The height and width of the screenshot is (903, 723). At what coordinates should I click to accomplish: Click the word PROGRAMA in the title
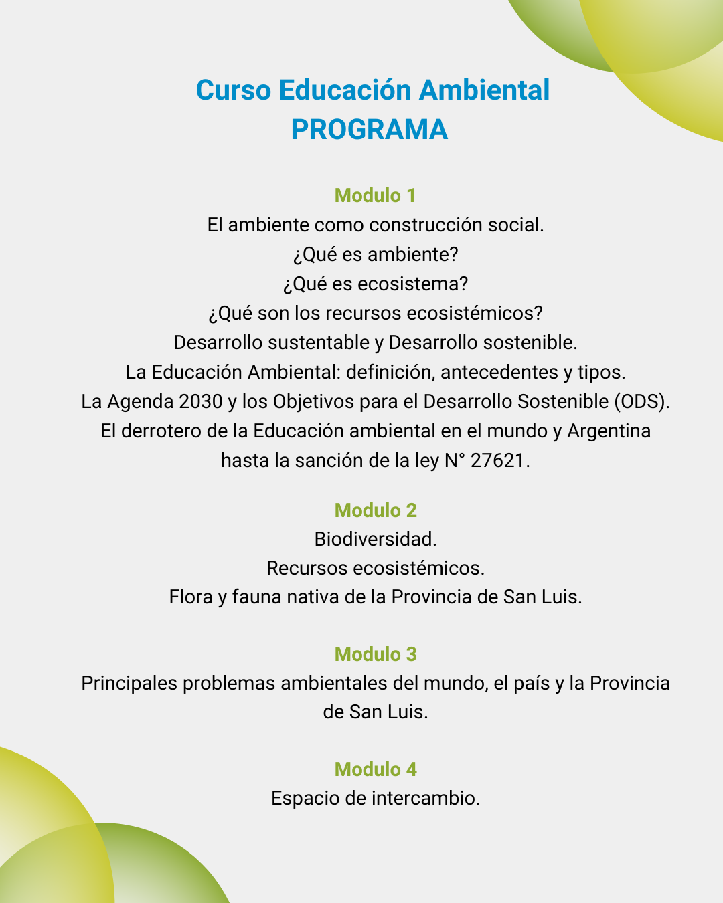pos(369,130)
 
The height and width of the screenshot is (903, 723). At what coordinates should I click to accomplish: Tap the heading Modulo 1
pos(375,195)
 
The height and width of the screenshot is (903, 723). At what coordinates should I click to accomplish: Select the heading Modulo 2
pos(375,510)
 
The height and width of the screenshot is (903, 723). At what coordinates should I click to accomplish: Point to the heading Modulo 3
pos(375,654)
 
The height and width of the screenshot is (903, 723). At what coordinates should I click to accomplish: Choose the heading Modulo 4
pos(375,769)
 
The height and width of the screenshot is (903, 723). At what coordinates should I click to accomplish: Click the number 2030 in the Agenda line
pos(201,401)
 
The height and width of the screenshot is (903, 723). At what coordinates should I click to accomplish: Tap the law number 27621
pos(499,460)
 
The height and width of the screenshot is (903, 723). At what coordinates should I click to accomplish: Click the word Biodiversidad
pos(375,539)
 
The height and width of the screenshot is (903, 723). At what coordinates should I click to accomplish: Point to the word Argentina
pos(609,431)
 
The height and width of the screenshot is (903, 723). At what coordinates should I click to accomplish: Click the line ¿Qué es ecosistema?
pos(375,284)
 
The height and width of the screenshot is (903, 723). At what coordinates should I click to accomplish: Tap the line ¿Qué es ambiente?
pos(375,254)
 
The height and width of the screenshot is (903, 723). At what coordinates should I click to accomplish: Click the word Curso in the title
pos(234,90)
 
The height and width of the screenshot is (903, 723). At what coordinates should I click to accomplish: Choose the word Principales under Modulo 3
pos(129,683)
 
